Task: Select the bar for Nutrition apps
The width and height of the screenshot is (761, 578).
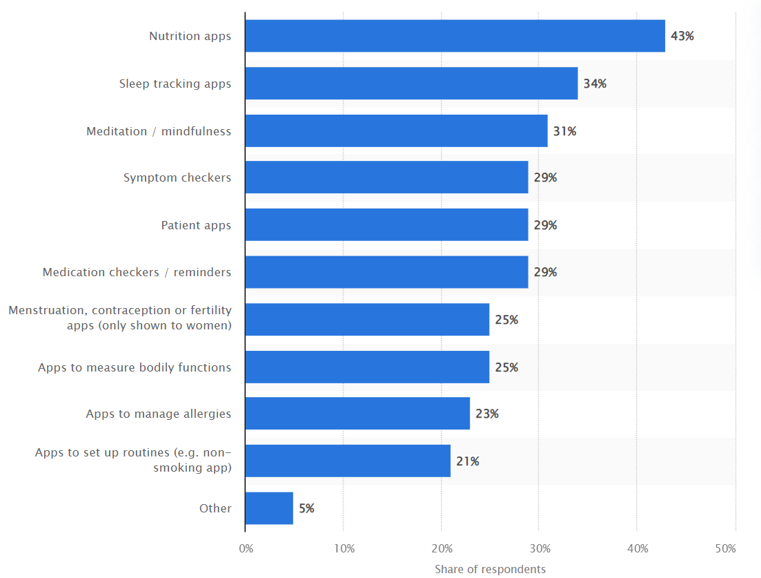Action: click(x=455, y=36)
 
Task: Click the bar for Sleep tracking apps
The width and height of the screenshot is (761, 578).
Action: click(x=411, y=84)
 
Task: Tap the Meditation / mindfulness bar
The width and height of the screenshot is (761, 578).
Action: click(x=396, y=131)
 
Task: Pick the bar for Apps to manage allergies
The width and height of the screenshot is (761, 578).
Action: click(x=357, y=414)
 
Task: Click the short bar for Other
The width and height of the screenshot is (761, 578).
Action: click(x=269, y=508)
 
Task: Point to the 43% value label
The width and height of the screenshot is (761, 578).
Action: click(x=682, y=36)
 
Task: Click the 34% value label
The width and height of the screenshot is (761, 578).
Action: click(x=594, y=84)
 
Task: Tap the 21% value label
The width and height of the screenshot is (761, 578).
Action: click(x=467, y=461)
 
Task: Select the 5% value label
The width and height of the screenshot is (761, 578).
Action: click(x=306, y=508)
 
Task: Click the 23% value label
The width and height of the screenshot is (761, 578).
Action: click(x=486, y=414)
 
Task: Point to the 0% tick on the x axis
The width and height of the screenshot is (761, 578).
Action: click(x=246, y=549)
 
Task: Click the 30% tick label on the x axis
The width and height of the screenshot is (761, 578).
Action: click(x=540, y=549)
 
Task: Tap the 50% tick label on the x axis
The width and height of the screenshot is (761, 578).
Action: click(x=725, y=549)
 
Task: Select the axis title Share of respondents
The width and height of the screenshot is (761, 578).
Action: click(x=490, y=569)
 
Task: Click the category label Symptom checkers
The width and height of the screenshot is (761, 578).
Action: click(x=177, y=177)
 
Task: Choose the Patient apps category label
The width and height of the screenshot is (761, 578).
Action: click(x=196, y=225)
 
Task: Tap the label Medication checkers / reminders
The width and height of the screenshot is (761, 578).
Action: click(x=137, y=272)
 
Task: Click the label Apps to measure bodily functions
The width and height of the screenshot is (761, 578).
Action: click(x=135, y=367)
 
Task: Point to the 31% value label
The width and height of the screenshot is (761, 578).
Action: click(x=564, y=131)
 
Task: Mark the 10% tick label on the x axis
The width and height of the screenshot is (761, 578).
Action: click(x=344, y=549)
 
